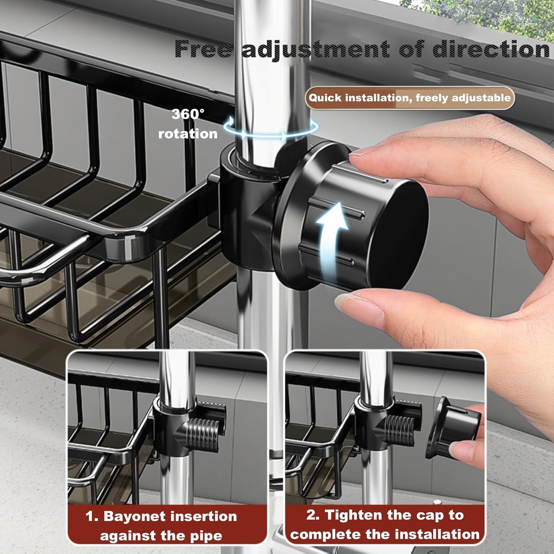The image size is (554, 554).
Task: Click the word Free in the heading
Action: point(203,49)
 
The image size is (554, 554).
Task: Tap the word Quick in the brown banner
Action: point(325,98)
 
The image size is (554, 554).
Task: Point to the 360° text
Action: point(188,114)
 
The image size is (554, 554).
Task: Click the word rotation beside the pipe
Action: point(188,134)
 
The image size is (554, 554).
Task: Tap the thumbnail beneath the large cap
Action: point(351,303)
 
